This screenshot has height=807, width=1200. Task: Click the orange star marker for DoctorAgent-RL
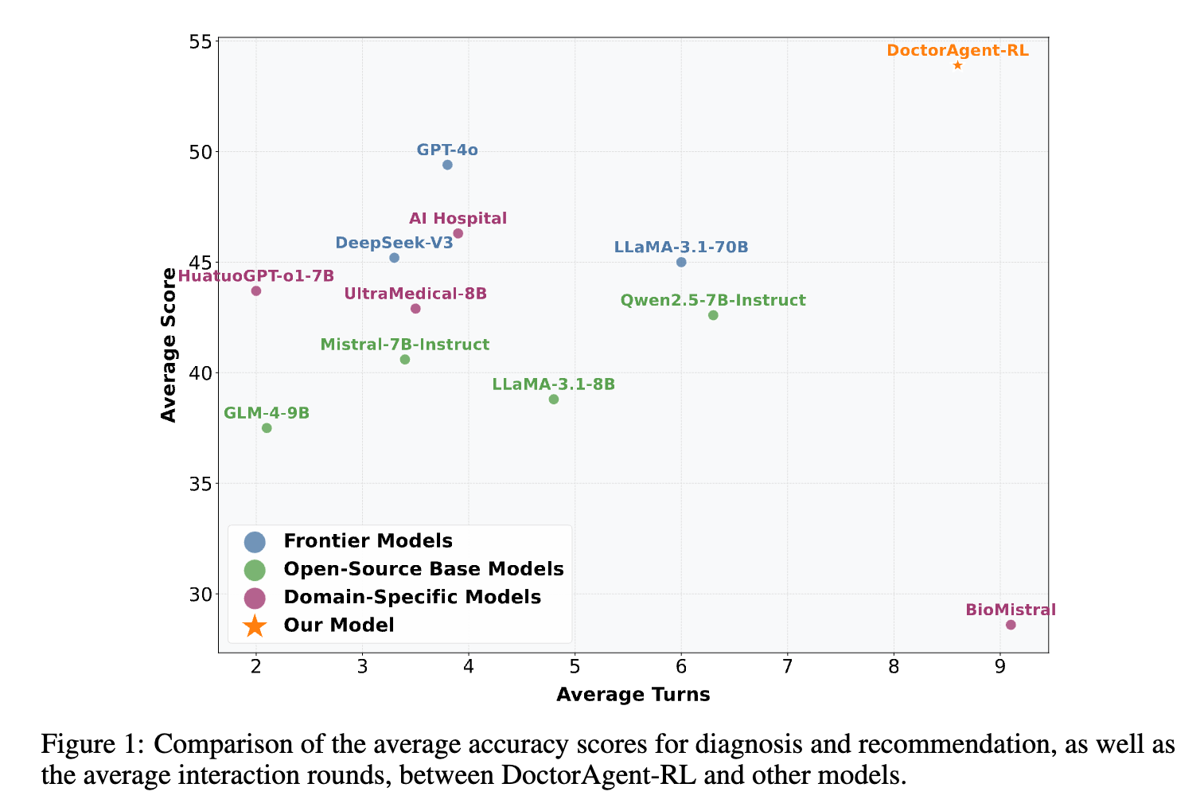tap(957, 65)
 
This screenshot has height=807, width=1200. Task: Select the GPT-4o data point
tap(447, 165)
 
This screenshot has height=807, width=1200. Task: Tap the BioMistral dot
tap(1011, 625)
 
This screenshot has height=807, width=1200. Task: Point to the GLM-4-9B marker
tap(267, 428)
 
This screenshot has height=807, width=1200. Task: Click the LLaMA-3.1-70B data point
tap(681, 263)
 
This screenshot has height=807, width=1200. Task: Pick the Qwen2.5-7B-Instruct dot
tap(713, 315)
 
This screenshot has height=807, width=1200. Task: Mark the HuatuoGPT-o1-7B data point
tap(256, 290)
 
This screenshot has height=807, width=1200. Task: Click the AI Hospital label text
tap(458, 219)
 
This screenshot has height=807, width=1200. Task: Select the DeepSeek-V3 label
tap(394, 243)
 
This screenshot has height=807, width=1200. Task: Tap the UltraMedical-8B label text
tap(415, 294)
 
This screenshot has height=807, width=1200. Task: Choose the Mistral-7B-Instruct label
tap(404, 345)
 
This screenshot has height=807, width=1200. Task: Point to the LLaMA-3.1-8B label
tap(553, 384)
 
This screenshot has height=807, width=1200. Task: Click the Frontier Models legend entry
tap(368, 541)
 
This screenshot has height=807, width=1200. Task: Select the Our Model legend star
tap(255, 626)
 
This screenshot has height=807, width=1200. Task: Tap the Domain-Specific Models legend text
tap(412, 597)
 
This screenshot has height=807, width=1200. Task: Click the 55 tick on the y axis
tap(202, 41)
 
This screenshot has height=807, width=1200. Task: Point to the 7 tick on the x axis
tap(787, 666)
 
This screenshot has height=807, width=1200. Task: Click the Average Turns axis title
tap(633, 695)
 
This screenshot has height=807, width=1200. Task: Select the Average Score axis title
tap(169, 345)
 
